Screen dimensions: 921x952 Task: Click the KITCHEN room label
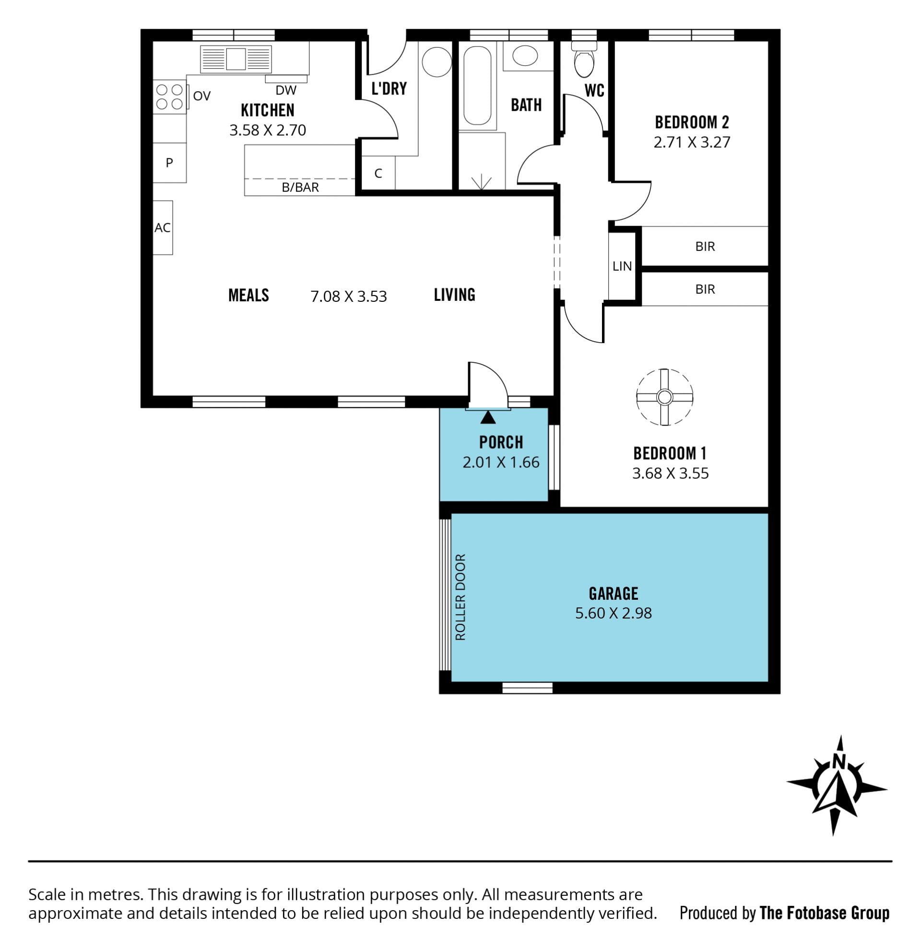click(268, 110)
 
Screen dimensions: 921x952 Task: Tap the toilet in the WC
click(583, 59)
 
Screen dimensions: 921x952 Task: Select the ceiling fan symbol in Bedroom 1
click(664, 397)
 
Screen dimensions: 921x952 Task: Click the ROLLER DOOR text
click(460, 597)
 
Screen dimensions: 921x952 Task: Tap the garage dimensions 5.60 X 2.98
click(613, 613)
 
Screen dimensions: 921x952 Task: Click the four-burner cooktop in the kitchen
click(169, 96)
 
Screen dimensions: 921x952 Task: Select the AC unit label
click(163, 227)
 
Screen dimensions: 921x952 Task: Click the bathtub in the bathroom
click(477, 86)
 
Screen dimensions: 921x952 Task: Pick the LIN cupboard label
click(622, 266)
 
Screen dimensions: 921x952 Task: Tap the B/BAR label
click(300, 188)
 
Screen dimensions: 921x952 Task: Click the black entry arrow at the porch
click(488, 417)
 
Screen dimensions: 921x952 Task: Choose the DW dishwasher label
click(285, 90)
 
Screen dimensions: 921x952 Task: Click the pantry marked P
click(169, 163)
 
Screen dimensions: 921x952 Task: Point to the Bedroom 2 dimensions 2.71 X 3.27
click(692, 143)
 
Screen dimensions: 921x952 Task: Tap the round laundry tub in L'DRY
click(437, 62)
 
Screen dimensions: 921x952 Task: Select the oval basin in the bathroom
click(525, 56)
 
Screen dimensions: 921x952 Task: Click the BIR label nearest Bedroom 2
click(705, 247)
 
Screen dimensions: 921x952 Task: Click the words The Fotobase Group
click(825, 914)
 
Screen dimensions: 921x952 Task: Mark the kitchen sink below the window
click(236, 59)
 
